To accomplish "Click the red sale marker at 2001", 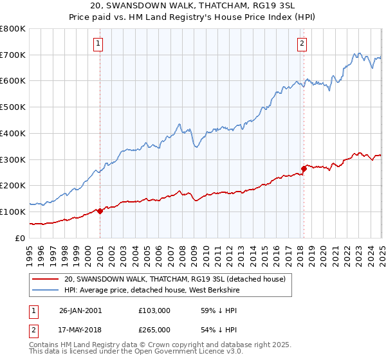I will pos(100,211).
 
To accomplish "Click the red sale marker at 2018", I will pos(304,168).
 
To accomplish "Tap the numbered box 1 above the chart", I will pos(98,44).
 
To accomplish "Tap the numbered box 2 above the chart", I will pos(302,44).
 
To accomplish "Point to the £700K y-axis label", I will pos(13,55).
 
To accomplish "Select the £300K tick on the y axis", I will pos(13,159).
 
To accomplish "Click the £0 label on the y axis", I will pos(20,238).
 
